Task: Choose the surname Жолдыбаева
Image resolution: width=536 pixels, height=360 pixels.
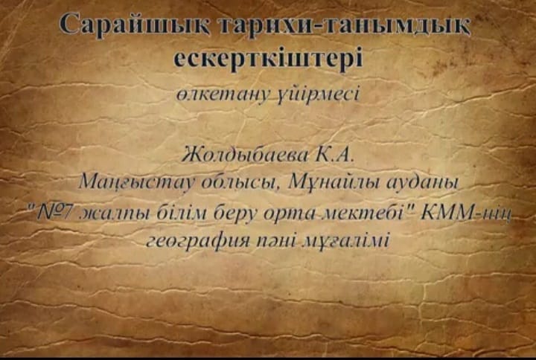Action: click(244, 155)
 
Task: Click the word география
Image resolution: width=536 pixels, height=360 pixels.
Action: click(198, 242)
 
